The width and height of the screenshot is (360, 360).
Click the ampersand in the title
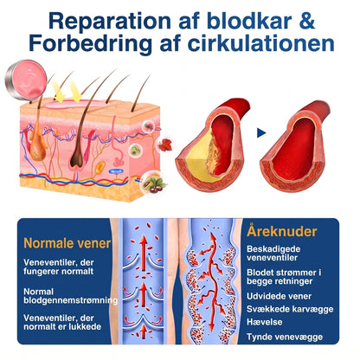tap(306, 21)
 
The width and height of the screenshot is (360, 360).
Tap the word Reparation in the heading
tap(110, 22)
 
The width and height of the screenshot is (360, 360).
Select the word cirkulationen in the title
tap(261, 44)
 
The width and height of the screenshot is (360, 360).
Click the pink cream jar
tap(26, 79)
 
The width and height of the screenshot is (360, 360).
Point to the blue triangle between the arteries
tap(261, 133)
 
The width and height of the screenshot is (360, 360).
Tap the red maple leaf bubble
tap(164, 145)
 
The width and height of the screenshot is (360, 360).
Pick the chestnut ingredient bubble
tap(153, 184)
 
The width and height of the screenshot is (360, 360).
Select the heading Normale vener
tap(67, 243)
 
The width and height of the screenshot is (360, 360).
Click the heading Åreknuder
tap(282, 231)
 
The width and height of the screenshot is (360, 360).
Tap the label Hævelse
tap(264, 322)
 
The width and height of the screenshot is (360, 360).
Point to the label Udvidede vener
tap(279, 296)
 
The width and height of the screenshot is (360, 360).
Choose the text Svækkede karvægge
tap(290, 309)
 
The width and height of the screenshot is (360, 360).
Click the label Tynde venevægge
tap(285, 337)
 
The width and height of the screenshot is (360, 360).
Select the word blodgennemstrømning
tap(71, 300)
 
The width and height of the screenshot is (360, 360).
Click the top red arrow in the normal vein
tap(144, 252)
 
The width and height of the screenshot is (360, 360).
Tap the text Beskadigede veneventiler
tap(272, 254)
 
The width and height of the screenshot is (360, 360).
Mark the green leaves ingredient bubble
tap(135, 150)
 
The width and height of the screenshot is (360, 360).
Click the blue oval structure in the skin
tap(116, 171)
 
